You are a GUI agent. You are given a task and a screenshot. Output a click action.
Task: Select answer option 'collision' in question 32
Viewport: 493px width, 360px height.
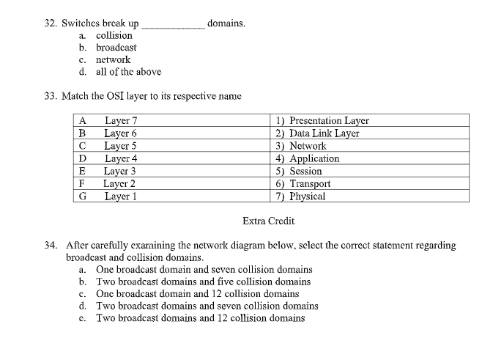[x=114, y=35]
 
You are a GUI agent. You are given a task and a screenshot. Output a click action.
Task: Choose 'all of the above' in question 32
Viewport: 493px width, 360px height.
[x=129, y=71]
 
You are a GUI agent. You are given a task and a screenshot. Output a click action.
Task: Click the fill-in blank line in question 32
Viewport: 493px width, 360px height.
[x=173, y=25]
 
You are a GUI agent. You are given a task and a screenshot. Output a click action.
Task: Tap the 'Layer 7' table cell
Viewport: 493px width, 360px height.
[x=121, y=120]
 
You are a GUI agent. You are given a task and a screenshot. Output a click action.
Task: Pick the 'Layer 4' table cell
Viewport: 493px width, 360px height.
[x=121, y=158]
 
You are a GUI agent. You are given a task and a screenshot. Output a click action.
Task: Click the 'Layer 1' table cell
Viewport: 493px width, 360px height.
[x=121, y=196]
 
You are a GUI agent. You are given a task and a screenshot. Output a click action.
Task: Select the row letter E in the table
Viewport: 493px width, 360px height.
[x=83, y=171]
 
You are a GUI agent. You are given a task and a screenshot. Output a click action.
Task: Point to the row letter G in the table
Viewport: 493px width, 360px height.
[x=83, y=196]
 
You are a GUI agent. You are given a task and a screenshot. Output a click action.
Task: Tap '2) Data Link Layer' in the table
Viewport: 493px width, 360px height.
[x=317, y=133]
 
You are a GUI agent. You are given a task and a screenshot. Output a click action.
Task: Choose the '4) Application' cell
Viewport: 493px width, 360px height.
[x=308, y=158]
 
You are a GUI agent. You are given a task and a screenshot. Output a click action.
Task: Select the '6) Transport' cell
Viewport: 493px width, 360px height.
[x=303, y=184]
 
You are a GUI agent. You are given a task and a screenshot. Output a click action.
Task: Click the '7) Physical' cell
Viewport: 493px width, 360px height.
[x=300, y=196]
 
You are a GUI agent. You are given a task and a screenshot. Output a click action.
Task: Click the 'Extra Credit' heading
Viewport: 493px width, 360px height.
[x=268, y=221]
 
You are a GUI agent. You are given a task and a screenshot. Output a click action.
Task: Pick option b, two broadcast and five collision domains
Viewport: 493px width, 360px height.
[x=203, y=282]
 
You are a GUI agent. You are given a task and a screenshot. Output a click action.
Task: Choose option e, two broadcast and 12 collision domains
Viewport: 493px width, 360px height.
[x=200, y=317]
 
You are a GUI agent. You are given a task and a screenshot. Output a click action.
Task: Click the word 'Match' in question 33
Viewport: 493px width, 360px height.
[x=80, y=96]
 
